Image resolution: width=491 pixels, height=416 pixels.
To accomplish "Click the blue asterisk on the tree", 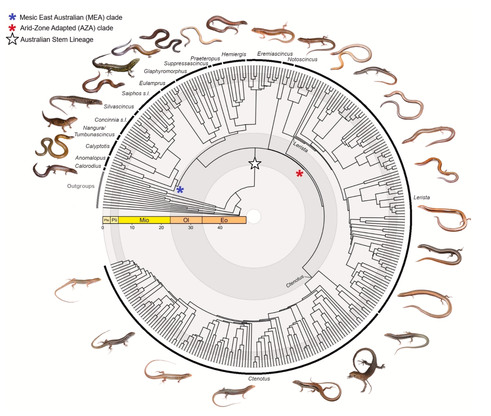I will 180,189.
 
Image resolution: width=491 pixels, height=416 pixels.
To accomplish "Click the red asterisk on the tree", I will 299,173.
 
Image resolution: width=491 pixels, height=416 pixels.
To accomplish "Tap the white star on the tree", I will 255,164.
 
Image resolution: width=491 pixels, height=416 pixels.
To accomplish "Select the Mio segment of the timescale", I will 144,220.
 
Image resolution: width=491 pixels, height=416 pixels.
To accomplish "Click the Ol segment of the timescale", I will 186,220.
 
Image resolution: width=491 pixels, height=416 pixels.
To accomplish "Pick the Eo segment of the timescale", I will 224,220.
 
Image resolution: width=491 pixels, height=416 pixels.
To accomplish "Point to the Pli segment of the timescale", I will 114,220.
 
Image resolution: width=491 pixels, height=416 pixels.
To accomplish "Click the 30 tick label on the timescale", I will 190,228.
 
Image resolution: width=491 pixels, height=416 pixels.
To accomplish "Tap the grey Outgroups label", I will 81,186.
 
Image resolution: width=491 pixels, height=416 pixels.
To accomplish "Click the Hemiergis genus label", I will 234,54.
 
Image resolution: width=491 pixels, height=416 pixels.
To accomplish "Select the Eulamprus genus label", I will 152,83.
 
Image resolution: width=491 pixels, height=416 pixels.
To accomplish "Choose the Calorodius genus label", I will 88,166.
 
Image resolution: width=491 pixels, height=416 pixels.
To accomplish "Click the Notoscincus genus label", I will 302,59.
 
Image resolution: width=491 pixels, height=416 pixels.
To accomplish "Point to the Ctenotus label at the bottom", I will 259,379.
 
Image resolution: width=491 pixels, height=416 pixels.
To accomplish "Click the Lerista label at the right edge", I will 421,198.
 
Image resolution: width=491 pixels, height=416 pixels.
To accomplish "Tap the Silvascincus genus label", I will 119,107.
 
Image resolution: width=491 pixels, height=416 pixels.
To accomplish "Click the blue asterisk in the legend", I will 12,17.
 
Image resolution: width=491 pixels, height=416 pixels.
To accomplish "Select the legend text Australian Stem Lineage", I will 57,40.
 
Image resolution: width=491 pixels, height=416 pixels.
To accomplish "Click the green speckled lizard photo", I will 116,66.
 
